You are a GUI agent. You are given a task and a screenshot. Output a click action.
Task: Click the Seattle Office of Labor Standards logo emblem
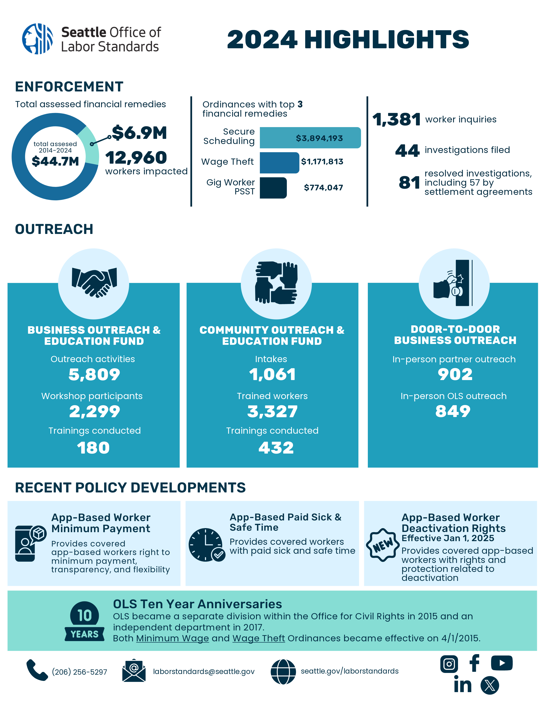click(37, 39)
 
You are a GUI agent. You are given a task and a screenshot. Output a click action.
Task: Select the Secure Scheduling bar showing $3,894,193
click(310, 138)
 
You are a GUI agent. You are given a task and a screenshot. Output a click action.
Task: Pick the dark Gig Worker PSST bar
click(273, 188)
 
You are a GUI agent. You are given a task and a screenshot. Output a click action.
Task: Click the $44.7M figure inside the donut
click(55, 161)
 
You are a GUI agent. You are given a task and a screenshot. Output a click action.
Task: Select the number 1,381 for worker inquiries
click(396, 120)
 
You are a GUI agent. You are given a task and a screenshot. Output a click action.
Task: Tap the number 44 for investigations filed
click(407, 151)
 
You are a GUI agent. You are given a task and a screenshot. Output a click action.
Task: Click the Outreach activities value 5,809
click(94, 375)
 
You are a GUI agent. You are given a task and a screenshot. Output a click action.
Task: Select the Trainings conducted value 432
click(276, 448)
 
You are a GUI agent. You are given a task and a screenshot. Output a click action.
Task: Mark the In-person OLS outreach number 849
click(453, 411)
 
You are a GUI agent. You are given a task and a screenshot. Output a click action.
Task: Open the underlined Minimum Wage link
click(172, 638)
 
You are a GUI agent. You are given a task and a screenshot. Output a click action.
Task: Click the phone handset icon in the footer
click(37, 670)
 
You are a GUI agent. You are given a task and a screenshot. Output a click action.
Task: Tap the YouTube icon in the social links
click(501, 663)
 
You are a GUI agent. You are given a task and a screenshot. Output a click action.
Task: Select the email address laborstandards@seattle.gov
click(204, 671)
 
